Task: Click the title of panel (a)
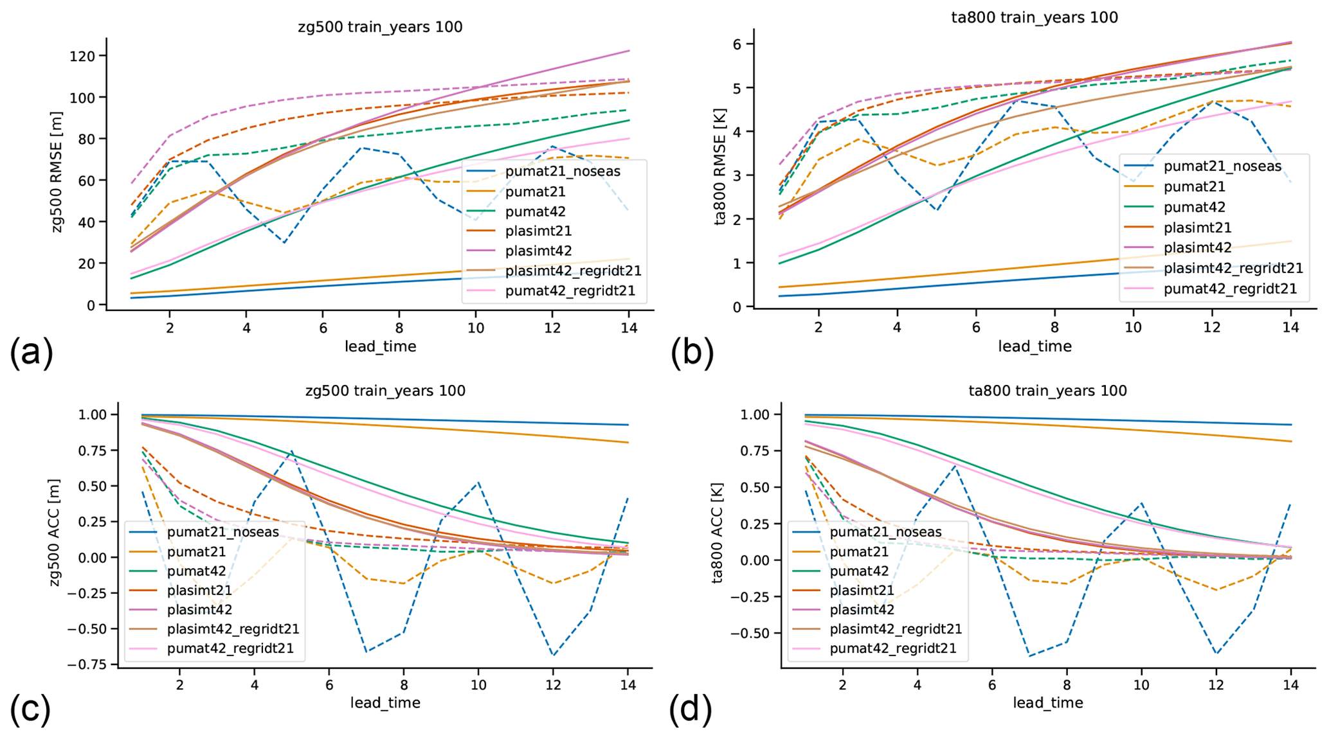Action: click(x=380, y=27)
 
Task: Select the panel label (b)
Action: click(x=692, y=352)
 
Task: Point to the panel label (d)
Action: click(x=691, y=709)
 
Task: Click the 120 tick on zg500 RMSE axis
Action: click(x=82, y=56)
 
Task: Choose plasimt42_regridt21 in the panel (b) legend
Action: click(x=1233, y=268)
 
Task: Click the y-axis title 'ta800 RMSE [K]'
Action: click(x=721, y=174)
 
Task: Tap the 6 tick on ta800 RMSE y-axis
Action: click(x=735, y=44)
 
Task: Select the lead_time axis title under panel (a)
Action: click(x=380, y=347)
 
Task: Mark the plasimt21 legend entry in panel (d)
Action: click(x=862, y=590)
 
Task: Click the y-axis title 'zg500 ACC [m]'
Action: click(x=55, y=533)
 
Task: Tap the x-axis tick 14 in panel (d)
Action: click(x=1290, y=685)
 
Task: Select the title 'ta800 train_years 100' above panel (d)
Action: click(x=1047, y=391)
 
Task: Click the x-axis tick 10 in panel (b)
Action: click(x=1133, y=328)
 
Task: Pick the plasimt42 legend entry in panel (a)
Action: click(x=538, y=251)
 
